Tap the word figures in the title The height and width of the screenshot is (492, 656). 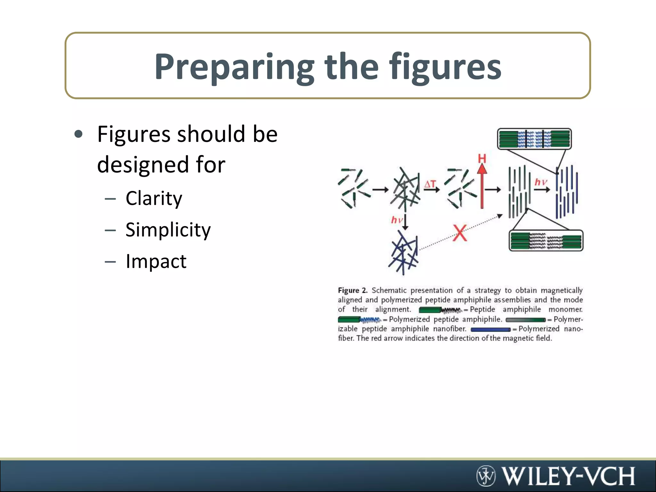pyautogui.click(x=445, y=67)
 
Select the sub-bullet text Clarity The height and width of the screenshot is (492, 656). pyautogui.click(x=154, y=198)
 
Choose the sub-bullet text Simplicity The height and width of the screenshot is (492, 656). pyautogui.click(x=168, y=230)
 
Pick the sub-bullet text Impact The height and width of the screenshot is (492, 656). pyautogui.click(x=156, y=261)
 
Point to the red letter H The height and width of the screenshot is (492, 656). pyautogui.click(x=482, y=159)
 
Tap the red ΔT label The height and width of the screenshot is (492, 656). pyautogui.click(x=430, y=184)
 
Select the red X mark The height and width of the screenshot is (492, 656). pyautogui.click(x=460, y=233)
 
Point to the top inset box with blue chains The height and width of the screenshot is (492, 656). pyautogui.click(x=534, y=139)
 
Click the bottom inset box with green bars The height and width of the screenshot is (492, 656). pyautogui.click(x=546, y=241)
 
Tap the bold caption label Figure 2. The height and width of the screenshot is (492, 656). pyautogui.click(x=352, y=291)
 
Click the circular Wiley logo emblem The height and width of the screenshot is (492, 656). pyautogui.click(x=486, y=476)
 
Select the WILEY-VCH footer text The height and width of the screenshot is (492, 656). pyautogui.click(x=568, y=476)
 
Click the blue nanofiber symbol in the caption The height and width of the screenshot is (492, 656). pyautogui.click(x=490, y=329)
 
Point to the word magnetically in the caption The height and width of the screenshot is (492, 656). pyautogui.click(x=562, y=291)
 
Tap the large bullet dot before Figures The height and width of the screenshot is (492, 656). pyautogui.click(x=78, y=134)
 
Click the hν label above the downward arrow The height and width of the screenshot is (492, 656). pyautogui.click(x=397, y=220)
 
